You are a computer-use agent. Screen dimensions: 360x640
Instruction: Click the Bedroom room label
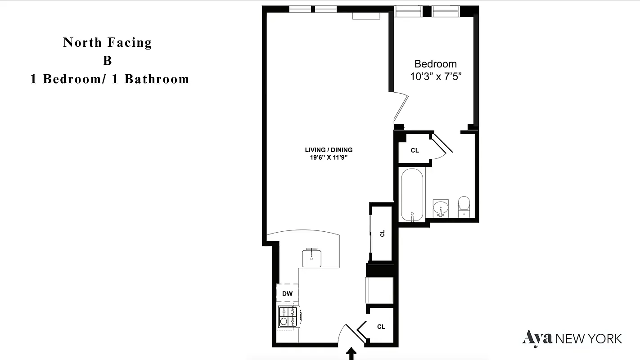[x=435, y=64]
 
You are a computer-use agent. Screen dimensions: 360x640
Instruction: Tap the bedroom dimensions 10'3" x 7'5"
[x=436, y=76]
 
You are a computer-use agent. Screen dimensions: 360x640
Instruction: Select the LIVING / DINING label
[x=329, y=150]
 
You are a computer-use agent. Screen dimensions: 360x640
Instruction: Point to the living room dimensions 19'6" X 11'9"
[x=329, y=157]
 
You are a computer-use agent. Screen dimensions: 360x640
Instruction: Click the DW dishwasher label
[x=287, y=294]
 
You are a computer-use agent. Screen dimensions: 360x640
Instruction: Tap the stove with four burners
[x=289, y=317]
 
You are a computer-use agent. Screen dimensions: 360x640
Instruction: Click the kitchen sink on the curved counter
[x=311, y=257]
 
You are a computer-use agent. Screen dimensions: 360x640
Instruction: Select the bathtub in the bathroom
[x=412, y=194]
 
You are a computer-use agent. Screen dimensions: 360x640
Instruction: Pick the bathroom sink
[x=441, y=208]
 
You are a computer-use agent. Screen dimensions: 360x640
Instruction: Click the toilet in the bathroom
[x=464, y=206]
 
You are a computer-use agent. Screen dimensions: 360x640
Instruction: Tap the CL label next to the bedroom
[x=415, y=150]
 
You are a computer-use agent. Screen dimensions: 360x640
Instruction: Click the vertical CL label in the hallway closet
[x=383, y=233]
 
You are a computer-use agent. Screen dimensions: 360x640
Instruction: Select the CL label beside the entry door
[x=381, y=327]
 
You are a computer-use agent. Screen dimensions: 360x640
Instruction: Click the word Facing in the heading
[x=131, y=43]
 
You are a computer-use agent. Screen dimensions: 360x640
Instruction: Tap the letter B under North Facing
[x=107, y=61]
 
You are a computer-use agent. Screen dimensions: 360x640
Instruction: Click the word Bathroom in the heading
[x=157, y=79]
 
